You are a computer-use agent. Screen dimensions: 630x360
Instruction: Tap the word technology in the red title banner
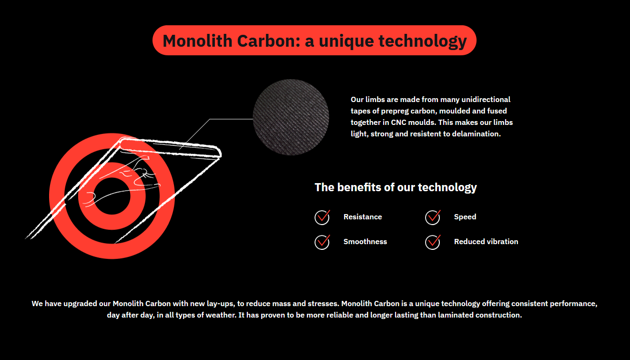(423, 41)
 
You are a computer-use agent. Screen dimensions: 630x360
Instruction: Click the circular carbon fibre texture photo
(291, 117)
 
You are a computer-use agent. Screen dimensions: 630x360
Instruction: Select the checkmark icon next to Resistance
(322, 217)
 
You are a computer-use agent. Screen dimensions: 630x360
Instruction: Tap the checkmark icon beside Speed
(433, 217)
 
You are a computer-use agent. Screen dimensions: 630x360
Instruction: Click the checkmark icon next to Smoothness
(322, 242)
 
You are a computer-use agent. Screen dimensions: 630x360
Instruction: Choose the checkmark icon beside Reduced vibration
(433, 242)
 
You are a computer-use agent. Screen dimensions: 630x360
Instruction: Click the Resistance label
(363, 217)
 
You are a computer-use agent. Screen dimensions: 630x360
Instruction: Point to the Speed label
(465, 217)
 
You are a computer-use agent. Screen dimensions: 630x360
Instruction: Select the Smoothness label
(366, 241)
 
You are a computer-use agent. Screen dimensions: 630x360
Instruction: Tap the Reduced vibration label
(486, 241)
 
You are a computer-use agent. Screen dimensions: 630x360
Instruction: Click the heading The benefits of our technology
(396, 187)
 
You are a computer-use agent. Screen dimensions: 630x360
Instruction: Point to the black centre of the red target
(112, 196)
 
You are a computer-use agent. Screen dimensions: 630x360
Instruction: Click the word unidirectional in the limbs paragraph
(486, 99)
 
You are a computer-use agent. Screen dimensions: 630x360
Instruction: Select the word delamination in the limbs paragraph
(476, 134)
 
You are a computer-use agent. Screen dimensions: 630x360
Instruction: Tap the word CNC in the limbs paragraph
(398, 123)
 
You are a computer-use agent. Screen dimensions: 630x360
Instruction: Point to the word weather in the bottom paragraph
(221, 315)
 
